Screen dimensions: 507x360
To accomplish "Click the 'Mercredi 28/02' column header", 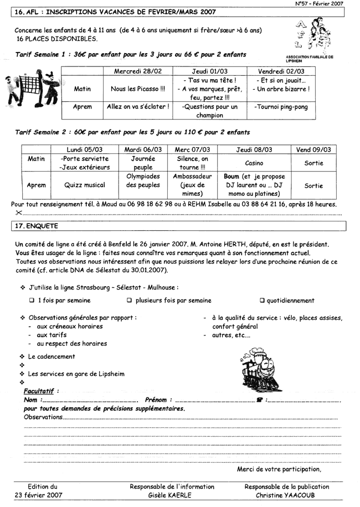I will pyautogui.click(x=138, y=71).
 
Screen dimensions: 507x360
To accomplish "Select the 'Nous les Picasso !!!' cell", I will pyautogui.click(x=138, y=89).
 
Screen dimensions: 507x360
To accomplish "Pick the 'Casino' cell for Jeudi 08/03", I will pyautogui.click(x=255, y=163).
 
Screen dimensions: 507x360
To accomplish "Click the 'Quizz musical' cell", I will pyautogui.click(x=85, y=185).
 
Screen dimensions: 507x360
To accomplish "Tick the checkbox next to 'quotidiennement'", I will pyautogui.click(x=263, y=301).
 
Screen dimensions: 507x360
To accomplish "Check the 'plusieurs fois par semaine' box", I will pyautogui.click(x=129, y=301).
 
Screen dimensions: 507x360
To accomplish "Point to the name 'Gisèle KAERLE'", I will pyautogui.click(x=172, y=495).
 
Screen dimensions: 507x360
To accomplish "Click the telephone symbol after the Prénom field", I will pyautogui.click(x=260, y=400).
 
